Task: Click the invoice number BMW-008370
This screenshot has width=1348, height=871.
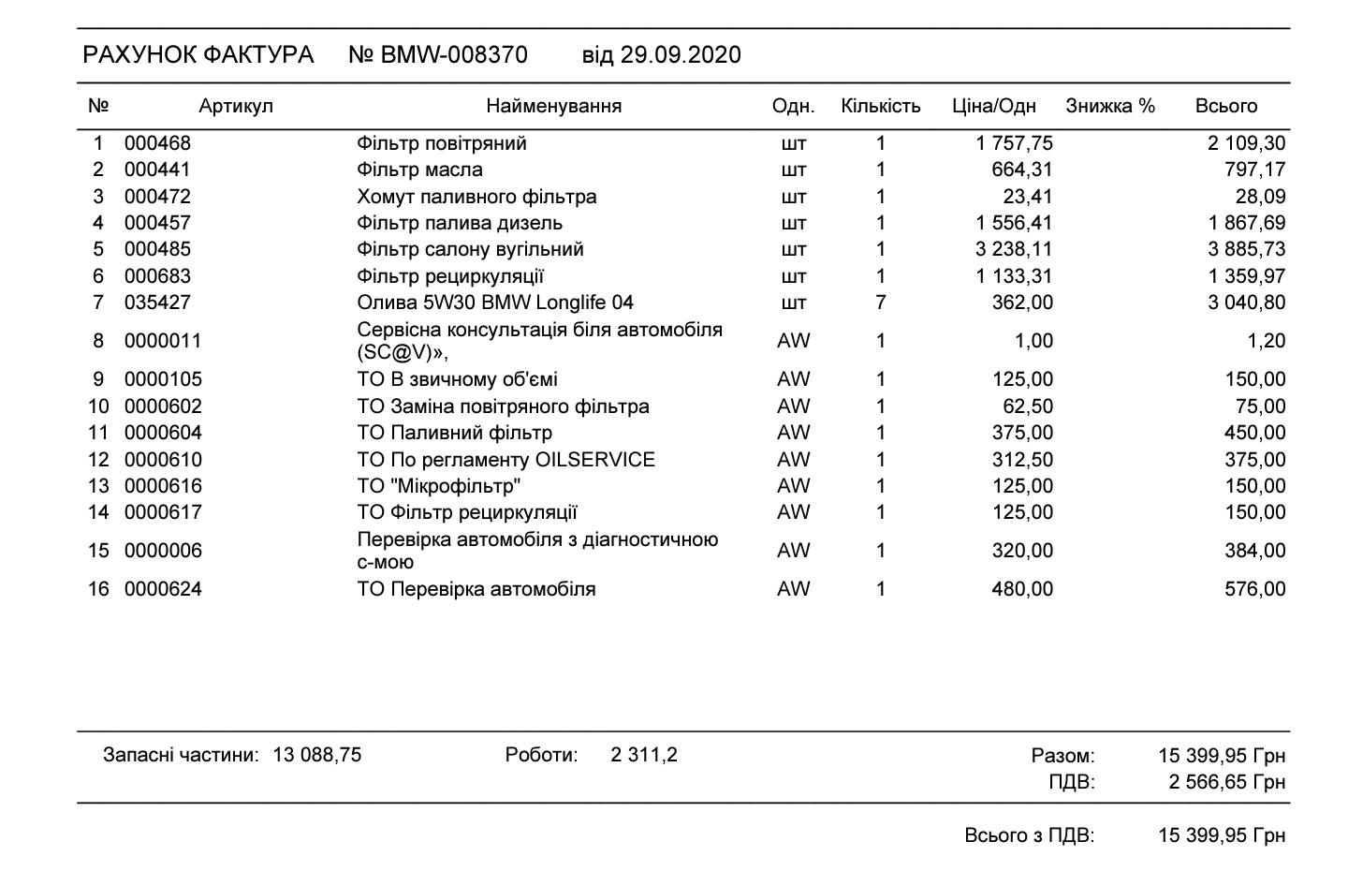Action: (x=453, y=55)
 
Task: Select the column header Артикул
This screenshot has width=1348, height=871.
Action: (x=236, y=106)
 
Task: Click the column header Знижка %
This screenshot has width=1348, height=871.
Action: (x=1110, y=106)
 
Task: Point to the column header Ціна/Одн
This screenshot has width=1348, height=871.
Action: (x=994, y=106)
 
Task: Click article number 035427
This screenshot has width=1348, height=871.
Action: (x=157, y=303)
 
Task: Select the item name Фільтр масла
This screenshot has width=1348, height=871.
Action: (x=419, y=170)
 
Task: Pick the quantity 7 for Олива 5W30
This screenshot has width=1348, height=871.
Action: (x=880, y=303)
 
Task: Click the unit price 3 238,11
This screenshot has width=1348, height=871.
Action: (x=1014, y=249)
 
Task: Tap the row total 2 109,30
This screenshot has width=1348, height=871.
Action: (x=1246, y=143)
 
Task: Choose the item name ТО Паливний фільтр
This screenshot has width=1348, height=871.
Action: (x=454, y=433)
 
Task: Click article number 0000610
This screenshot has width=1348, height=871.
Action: (x=163, y=460)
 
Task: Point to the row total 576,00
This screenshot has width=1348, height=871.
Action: (x=1255, y=589)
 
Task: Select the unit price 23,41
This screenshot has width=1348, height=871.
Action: (x=1028, y=197)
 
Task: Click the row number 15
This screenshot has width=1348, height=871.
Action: (x=98, y=551)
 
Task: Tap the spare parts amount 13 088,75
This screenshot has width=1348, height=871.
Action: (x=316, y=755)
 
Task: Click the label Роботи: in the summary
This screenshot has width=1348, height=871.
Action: (x=541, y=755)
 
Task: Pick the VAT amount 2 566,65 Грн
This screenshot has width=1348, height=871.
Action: (x=1226, y=782)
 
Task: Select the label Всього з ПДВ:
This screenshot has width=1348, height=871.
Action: (x=1029, y=835)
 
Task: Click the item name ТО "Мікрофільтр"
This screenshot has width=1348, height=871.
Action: (x=438, y=486)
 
